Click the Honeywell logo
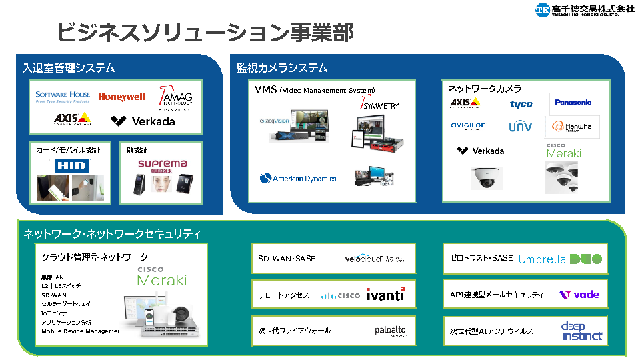coord(121,97)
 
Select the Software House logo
coord(63,97)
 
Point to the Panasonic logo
coord(573,103)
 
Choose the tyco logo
coord(521,104)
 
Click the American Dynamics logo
coord(298,179)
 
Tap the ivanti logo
coord(385,294)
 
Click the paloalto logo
coord(389,331)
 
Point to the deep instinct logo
coord(581,331)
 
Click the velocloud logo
coord(374,259)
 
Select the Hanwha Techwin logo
coord(573,127)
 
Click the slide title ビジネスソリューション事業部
coord(205,32)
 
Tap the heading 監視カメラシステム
coord(282,68)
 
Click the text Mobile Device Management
coord(81,331)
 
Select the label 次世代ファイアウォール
coord(294,331)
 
